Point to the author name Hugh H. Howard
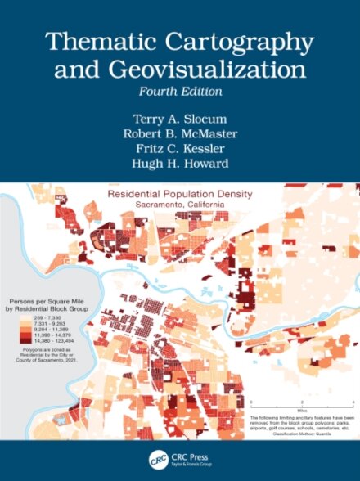click(179, 163)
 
